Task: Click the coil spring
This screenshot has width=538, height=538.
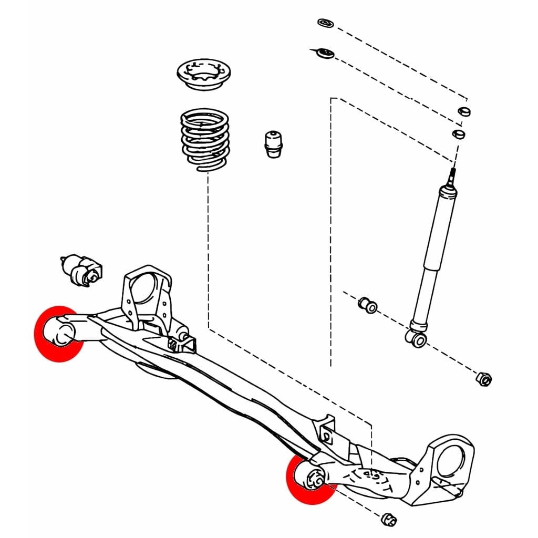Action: (205, 139)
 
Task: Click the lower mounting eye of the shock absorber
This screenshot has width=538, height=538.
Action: (419, 339)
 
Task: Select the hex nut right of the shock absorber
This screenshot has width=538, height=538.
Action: (484, 378)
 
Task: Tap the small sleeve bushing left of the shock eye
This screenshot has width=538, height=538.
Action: (368, 305)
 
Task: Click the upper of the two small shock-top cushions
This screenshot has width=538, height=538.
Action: (464, 111)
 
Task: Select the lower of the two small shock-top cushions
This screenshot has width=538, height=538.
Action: (459, 133)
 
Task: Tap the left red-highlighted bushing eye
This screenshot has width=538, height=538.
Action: (60, 334)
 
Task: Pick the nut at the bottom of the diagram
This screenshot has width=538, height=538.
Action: (388, 519)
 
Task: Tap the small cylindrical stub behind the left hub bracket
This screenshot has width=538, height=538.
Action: (183, 336)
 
